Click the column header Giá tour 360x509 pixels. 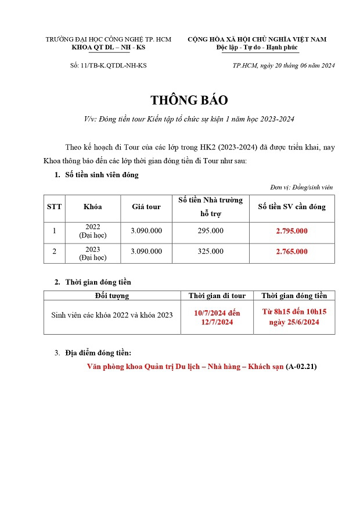pyautogui.click(x=146, y=207)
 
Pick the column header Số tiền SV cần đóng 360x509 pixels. pyautogui.click(x=291, y=207)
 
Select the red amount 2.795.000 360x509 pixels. pyautogui.click(x=291, y=231)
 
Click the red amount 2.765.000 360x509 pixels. pyautogui.click(x=291, y=252)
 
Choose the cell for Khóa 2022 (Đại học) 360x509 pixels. pyautogui.click(x=93, y=231)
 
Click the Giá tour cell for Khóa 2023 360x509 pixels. pyautogui.click(x=146, y=252)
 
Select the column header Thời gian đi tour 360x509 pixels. pyautogui.click(x=217, y=296)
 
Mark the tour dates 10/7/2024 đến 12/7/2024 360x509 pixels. pyautogui.click(x=217, y=318)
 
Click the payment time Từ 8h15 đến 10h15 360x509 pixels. pyautogui.click(x=294, y=312)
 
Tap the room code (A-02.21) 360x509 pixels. pyautogui.click(x=301, y=367)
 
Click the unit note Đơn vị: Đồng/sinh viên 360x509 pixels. pyautogui.click(x=301, y=187)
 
